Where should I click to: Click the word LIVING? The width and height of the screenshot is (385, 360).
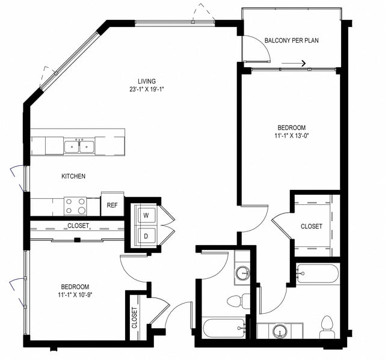[x=146, y=81]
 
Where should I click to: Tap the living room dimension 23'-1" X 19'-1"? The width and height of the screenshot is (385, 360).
[x=146, y=90]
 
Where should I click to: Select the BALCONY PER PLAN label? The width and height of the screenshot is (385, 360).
[x=291, y=41]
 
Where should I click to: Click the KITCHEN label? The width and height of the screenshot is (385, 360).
[x=73, y=177]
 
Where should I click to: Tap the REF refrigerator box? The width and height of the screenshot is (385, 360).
[x=112, y=205]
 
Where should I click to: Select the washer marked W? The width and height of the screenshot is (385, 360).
[x=146, y=214]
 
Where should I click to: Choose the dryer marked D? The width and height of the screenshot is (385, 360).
[x=146, y=235]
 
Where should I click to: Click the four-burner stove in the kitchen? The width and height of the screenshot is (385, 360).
[x=75, y=206]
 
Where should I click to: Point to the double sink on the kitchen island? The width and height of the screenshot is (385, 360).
[x=79, y=145]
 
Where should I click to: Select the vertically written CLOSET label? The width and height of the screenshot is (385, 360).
[x=134, y=317]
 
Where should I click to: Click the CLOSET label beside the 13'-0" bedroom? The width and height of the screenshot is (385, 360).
[x=311, y=227]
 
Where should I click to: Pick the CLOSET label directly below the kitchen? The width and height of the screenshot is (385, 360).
[x=78, y=226]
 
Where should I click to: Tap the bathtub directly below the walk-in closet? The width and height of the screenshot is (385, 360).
[x=316, y=273]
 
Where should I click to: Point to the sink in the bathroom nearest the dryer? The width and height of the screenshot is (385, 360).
[x=242, y=273]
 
